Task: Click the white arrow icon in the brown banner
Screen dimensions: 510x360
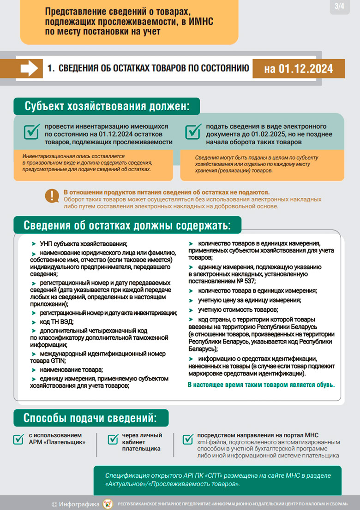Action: coord(30,68)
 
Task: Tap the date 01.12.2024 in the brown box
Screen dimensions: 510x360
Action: coord(298,69)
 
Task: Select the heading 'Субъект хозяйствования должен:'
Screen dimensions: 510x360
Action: coord(107,106)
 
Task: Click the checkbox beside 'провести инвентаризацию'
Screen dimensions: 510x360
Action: coord(31,131)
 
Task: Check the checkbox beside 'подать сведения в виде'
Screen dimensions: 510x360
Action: coord(192,131)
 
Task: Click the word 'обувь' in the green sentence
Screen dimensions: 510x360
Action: coord(324,384)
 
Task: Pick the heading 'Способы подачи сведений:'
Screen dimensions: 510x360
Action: coord(90,418)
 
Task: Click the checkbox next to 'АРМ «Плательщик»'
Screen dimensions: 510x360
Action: coord(19,439)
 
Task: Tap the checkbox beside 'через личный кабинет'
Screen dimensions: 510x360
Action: coord(113,439)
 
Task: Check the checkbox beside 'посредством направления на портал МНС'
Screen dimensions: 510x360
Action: coord(188,439)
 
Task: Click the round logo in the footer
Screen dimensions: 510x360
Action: coord(108,503)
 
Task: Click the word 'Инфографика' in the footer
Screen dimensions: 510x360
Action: coord(79,504)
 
